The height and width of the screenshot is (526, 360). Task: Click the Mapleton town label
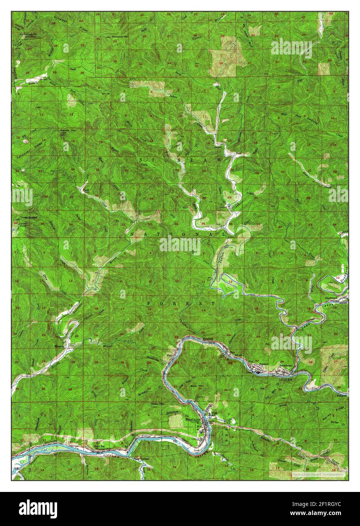tap(192, 419)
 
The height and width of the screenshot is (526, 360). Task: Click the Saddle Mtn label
tap(67, 131)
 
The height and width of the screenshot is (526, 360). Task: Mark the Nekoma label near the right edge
tap(342, 396)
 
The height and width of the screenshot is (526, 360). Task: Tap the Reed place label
tap(239, 154)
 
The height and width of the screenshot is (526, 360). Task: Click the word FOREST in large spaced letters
tap(181, 303)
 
